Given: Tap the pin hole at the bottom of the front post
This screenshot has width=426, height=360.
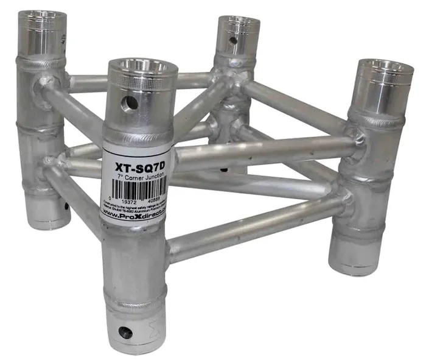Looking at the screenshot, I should tap(126, 333).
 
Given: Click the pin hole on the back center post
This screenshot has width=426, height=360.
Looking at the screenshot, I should tap(232, 41).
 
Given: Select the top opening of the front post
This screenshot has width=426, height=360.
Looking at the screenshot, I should tap(143, 66).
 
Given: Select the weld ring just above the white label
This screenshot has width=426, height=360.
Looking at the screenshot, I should tap(139, 138).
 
